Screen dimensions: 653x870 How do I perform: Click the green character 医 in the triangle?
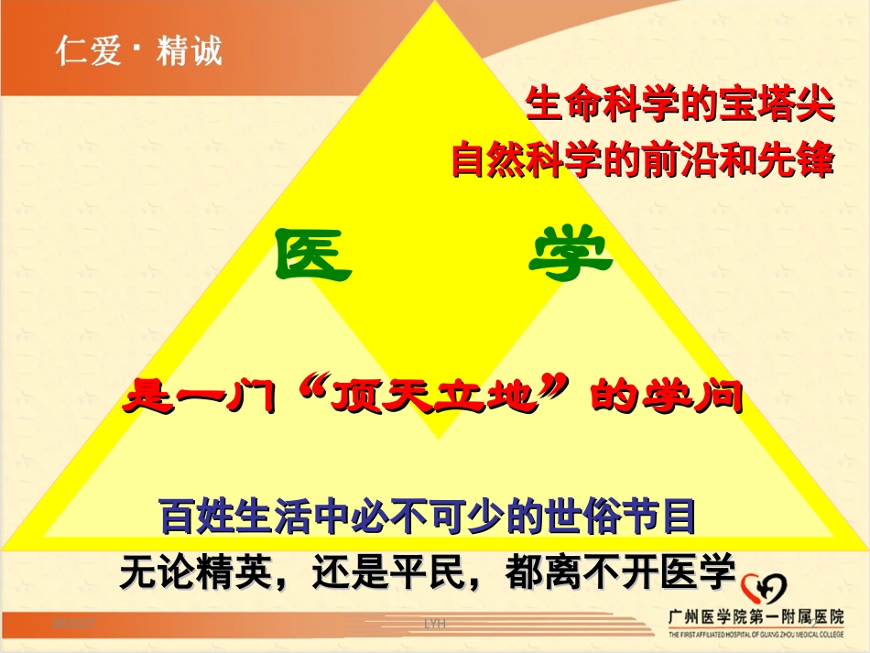[313, 256]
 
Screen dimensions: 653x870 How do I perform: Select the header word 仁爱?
[88, 51]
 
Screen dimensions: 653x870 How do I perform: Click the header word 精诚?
[190, 51]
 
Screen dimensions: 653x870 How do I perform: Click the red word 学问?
[704, 398]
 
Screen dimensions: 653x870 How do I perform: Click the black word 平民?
[444, 573]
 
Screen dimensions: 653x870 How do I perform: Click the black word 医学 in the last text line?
[704, 573]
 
